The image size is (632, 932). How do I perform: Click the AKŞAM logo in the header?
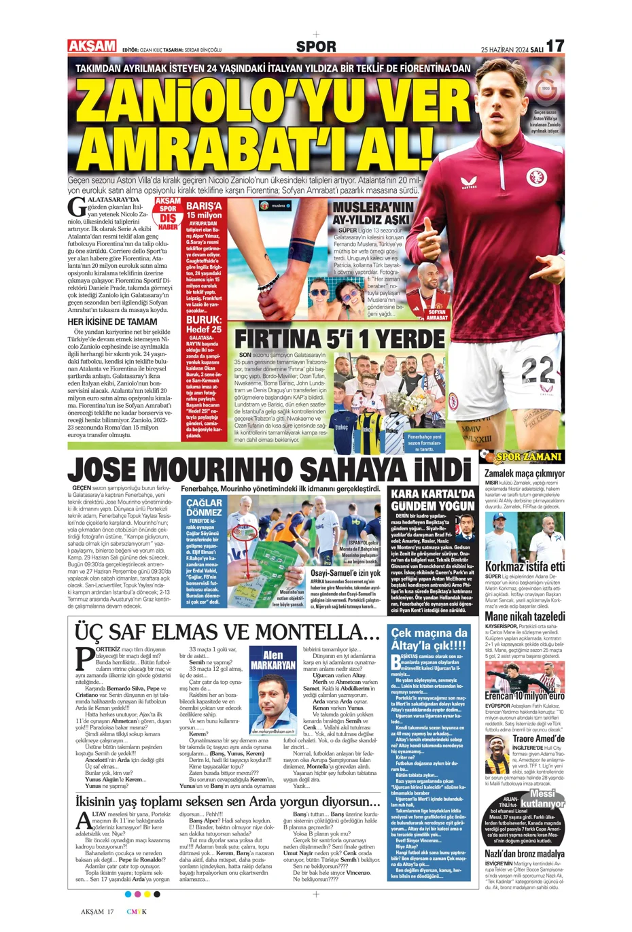[x=92, y=46]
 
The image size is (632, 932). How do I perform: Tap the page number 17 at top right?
[x=555, y=46]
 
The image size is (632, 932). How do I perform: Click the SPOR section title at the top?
[x=316, y=46]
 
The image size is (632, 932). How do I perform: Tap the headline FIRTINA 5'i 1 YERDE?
[x=340, y=339]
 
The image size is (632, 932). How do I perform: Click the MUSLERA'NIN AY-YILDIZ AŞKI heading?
[x=372, y=213]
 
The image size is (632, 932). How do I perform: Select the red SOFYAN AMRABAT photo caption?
[x=437, y=315]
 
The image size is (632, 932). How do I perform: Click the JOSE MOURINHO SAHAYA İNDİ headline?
[x=269, y=470]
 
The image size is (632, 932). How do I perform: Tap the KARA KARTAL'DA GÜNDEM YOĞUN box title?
[x=432, y=500]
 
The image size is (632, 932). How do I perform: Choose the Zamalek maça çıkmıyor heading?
[x=524, y=472]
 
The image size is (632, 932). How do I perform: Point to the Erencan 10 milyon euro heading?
[x=524, y=695]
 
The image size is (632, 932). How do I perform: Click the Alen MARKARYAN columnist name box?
[x=273, y=661]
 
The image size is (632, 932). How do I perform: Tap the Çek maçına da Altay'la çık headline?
[x=429, y=639]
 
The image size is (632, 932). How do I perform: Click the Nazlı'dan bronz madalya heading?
[x=524, y=853]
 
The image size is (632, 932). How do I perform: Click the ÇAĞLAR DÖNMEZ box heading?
[x=204, y=507]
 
